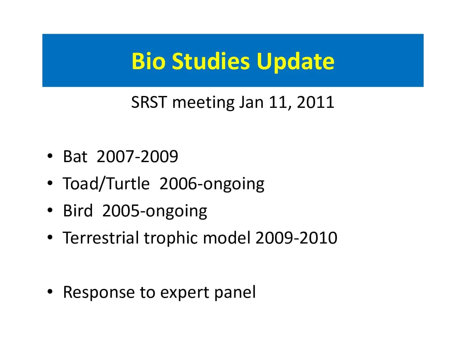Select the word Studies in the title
pos(210,61)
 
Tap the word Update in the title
pos(295,62)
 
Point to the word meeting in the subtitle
pos(203,103)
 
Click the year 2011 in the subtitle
pos(315,102)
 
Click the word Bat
pos(75,156)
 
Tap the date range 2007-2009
pos(137,156)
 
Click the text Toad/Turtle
pos(106,184)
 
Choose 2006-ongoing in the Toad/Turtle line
pos(212,184)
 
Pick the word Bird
pos(78,210)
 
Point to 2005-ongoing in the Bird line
pos(155,212)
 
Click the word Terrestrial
pos(101,238)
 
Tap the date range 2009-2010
pos(296,238)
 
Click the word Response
pos(99,293)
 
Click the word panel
pos(235,293)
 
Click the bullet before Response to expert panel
pos(50,292)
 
